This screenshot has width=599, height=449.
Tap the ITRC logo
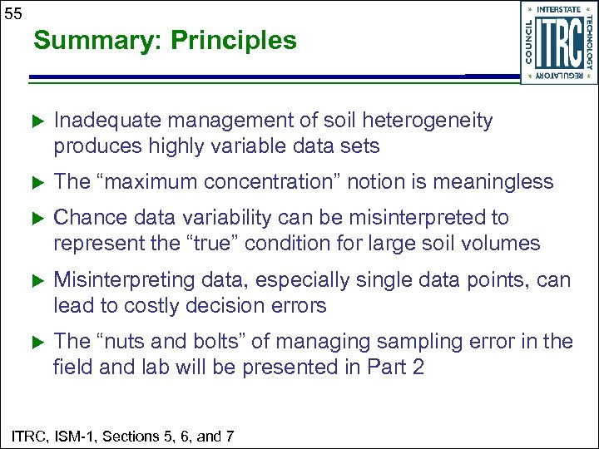pyautogui.click(x=558, y=42)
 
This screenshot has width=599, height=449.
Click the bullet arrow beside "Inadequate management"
pyautogui.click(x=36, y=121)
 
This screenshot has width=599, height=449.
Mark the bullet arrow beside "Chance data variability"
pyautogui.click(x=36, y=218)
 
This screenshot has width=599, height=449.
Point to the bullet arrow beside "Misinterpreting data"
pyautogui.click(x=36, y=280)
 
